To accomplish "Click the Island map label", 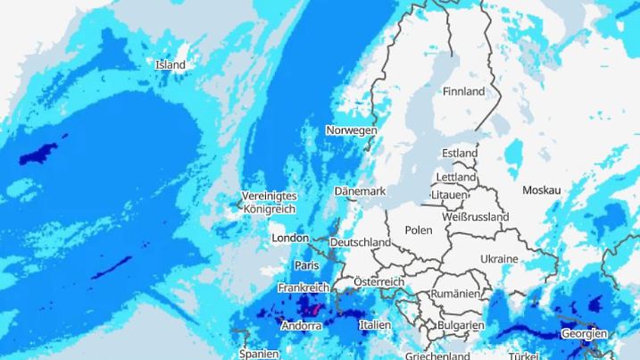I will coord(170,64).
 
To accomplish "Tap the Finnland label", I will coord(463,91).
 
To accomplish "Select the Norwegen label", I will coord(351,130).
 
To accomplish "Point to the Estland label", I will coord(460,154).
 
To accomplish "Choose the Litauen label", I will coord(448,195).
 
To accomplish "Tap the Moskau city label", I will coord(541,190).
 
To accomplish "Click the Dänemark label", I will coord(359,191).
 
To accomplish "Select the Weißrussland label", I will coord(475,217).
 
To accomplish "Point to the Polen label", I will coord(418,230).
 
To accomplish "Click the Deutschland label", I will coord(360,242).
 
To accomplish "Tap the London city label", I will coord(290,239).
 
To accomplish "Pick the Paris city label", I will coord(306,265).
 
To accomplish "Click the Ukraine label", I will coord(499,259).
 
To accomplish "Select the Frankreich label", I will coord(303,289).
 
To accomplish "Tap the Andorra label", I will coord(301,326).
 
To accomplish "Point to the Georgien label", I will coord(584,334).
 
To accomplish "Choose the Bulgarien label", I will coord(461,326).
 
